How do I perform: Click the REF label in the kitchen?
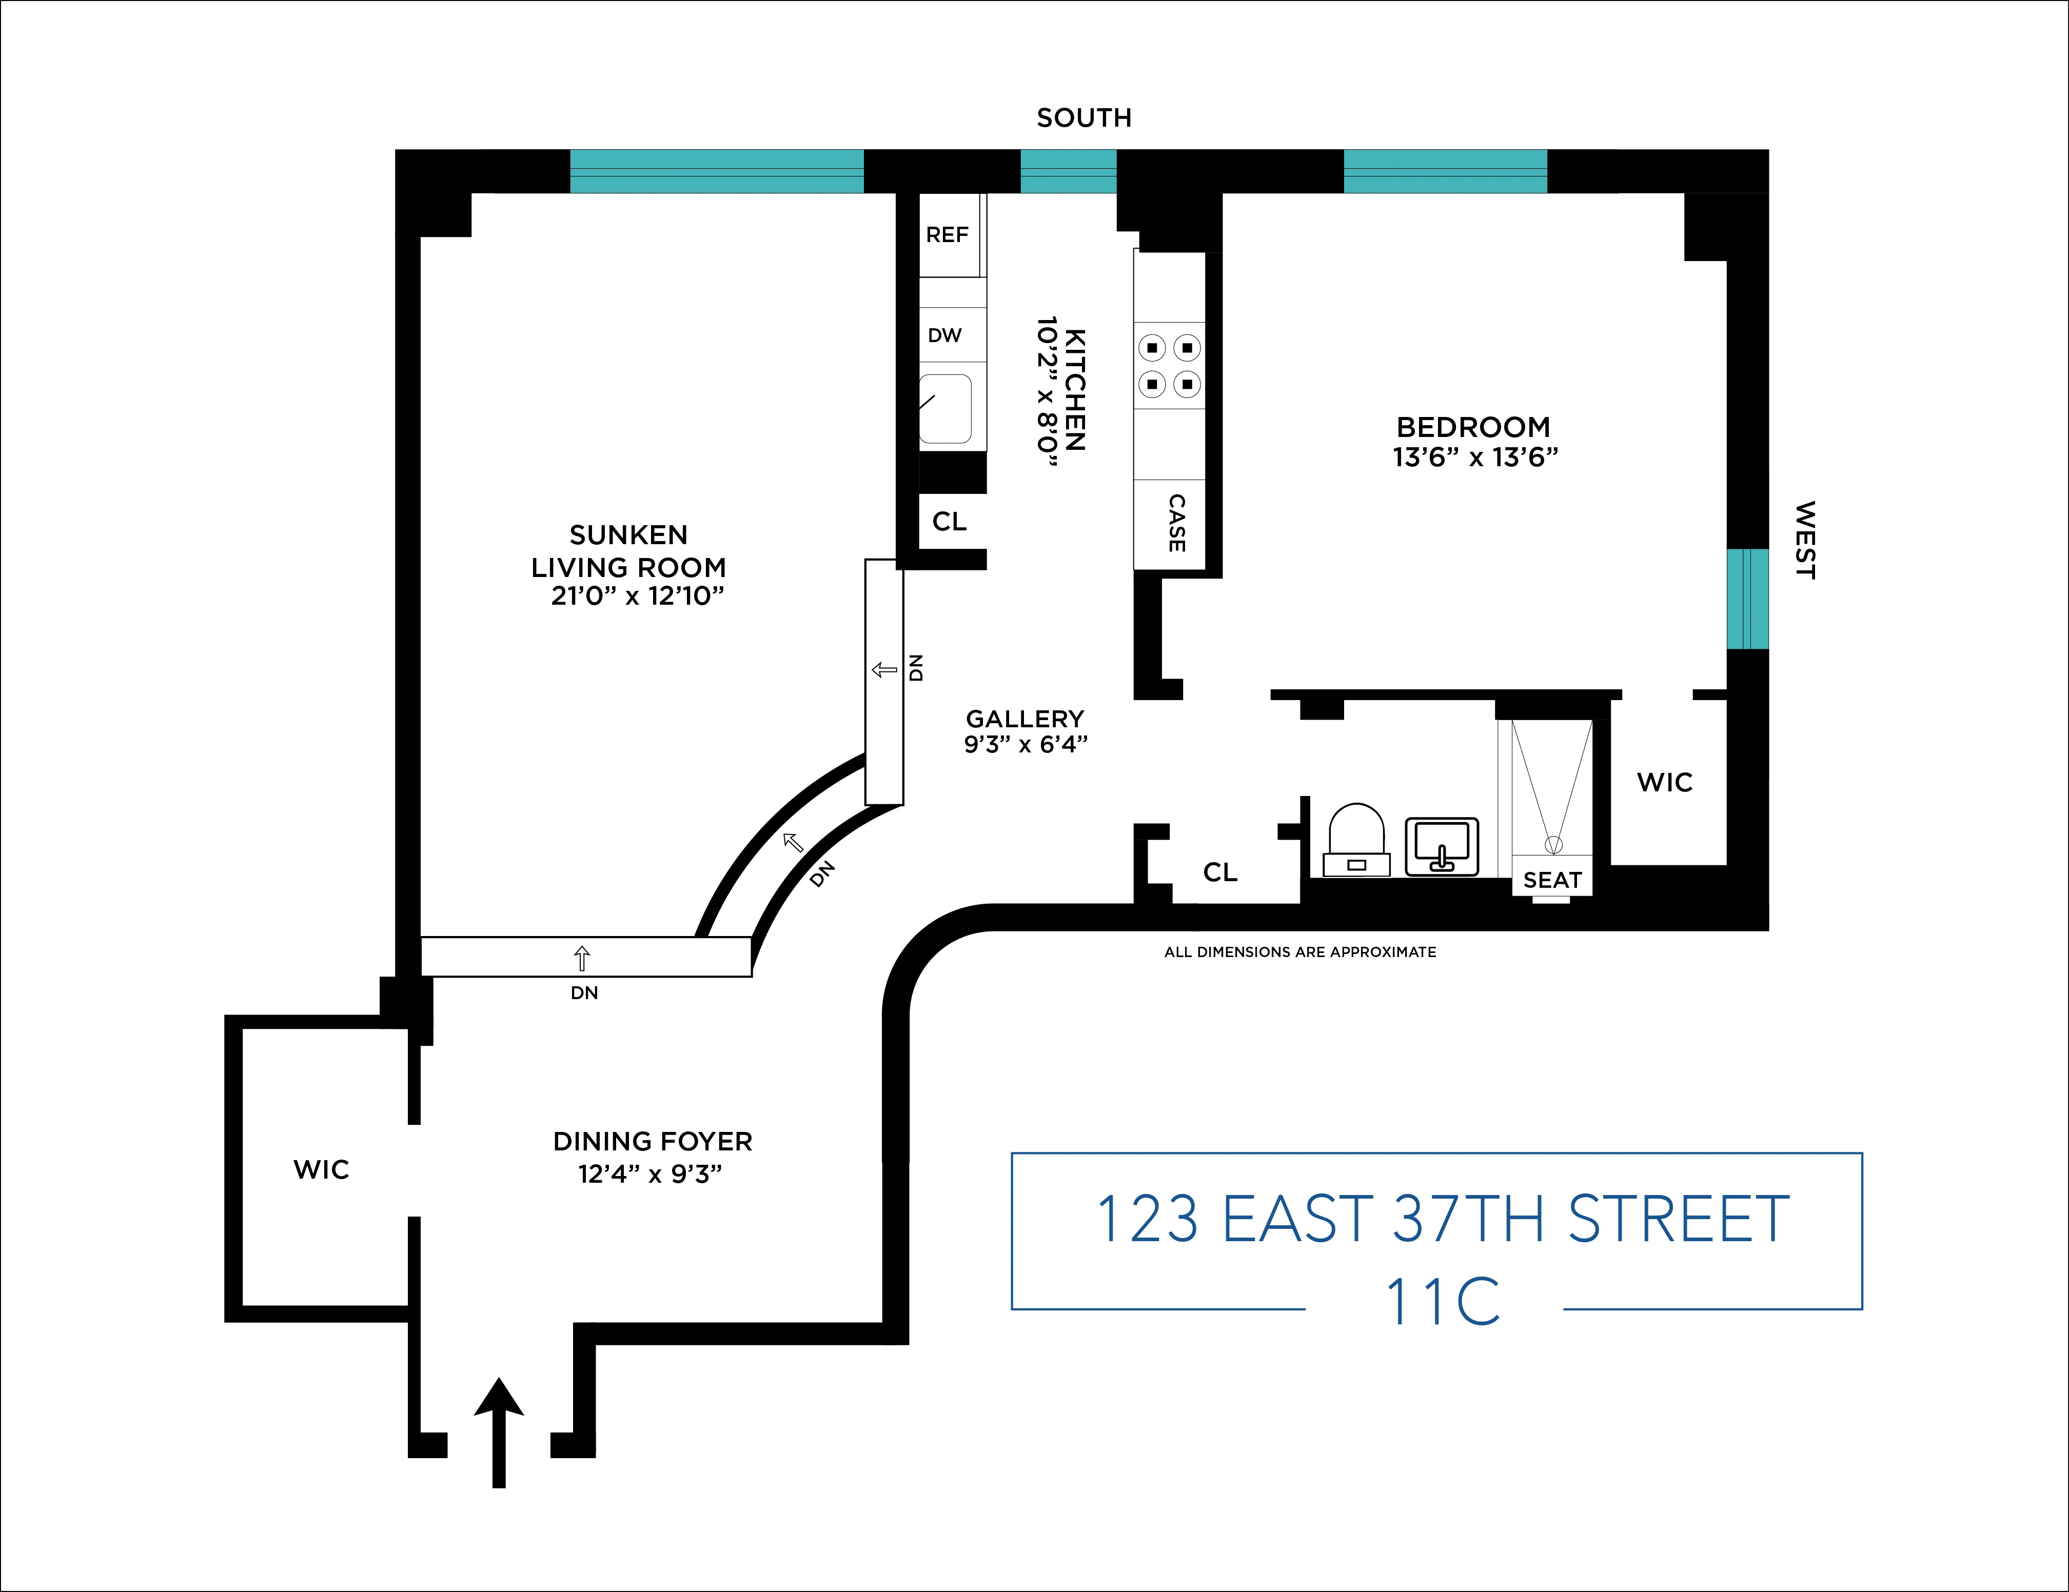click(x=947, y=235)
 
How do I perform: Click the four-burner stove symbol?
click(x=1169, y=366)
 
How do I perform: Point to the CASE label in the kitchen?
click(x=1176, y=523)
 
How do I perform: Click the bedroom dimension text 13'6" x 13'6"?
click(x=1474, y=457)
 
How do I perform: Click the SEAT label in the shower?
click(x=1552, y=880)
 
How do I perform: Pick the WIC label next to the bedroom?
click(x=1664, y=782)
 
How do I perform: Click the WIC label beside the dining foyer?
click(x=321, y=1169)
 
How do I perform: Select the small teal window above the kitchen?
click(x=1068, y=171)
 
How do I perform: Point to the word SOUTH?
click(x=1084, y=118)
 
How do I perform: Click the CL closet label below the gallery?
click(x=1220, y=872)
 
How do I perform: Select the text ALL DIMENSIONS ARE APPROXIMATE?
click(x=1300, y=952)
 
